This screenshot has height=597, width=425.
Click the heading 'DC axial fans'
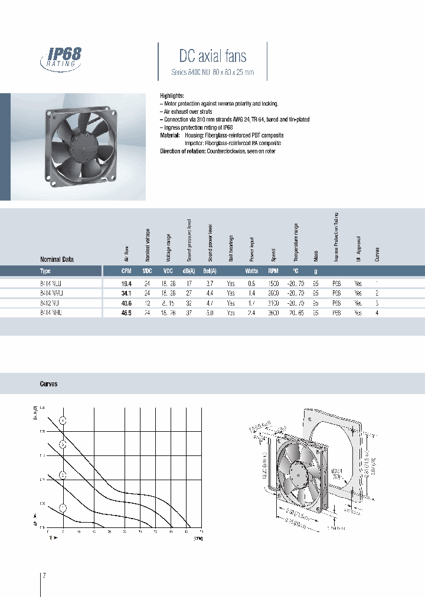coord(212,56)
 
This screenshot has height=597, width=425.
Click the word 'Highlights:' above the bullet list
coord(172,96)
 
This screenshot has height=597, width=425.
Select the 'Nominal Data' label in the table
coord(57,259)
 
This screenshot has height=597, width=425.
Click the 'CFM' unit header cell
coord(126,271)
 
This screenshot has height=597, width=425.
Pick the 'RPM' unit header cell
coord(273,271)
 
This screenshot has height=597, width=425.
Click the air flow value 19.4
coord(126,283)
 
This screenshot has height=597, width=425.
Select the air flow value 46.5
coord(126,312)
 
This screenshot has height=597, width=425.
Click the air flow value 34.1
coord(126,293)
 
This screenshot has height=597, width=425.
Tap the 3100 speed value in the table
coord(273,302)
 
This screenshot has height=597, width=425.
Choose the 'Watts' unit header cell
coord(252,271)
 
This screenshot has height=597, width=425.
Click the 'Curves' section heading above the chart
coord(48,384)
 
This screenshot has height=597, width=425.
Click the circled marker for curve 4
coord(63,421)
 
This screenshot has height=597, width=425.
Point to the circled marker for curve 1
coord(63,507)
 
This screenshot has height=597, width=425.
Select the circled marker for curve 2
coord(63,475)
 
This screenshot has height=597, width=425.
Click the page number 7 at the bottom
coord(44,575)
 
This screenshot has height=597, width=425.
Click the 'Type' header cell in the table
coord(45,271)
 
